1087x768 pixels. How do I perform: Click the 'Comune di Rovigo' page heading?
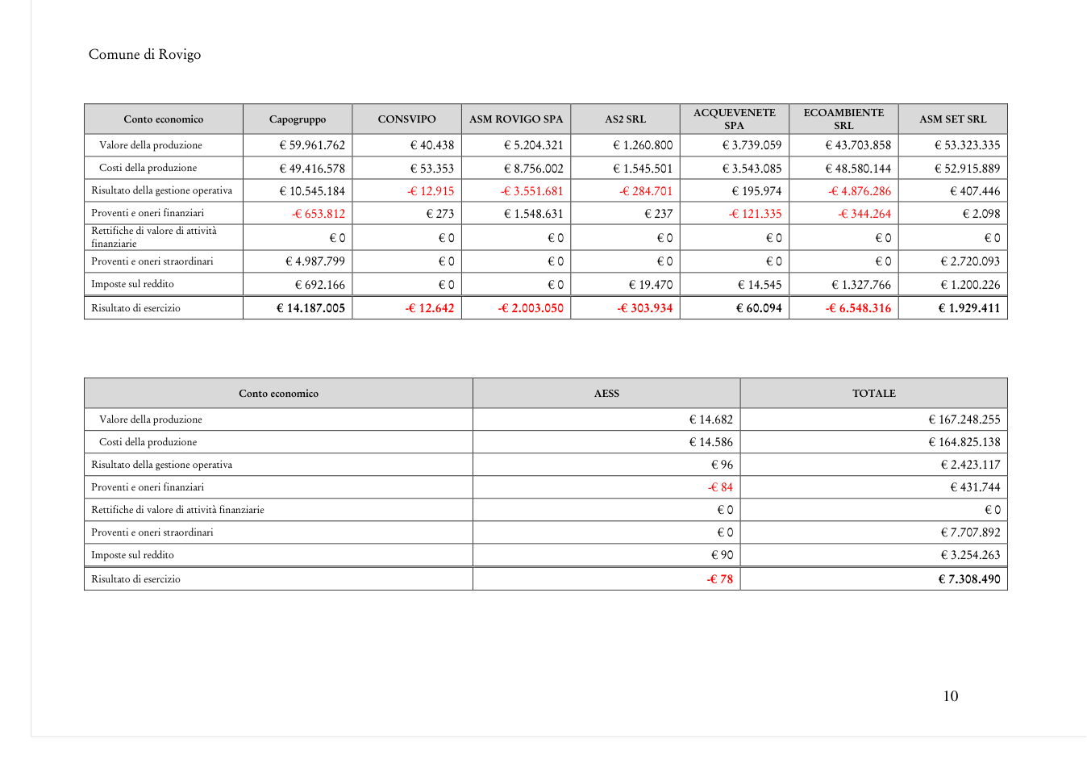[x=144, y=54]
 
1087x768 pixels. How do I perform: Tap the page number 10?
[x=951, y=696]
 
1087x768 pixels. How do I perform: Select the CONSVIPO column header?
[x=406, y=119]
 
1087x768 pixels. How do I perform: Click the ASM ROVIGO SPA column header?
[x=516, y=119]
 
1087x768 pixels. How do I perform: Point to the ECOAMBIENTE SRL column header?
[x=844, y=119]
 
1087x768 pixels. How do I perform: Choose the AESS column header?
[x=606, y=393]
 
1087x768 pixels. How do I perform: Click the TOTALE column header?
[x=874, y=393]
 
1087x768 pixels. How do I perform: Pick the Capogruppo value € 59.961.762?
[x=312, y=145]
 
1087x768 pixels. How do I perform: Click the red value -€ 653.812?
[x=319, y=214]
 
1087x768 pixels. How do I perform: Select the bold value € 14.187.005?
[x=310, y=308]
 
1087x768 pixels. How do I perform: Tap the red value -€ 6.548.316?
[x=859, y=308]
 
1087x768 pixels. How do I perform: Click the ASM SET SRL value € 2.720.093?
[x=970, y=261]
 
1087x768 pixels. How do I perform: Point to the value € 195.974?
[x=756, y=191]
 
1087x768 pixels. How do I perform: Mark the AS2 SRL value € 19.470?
[x=651, y=285]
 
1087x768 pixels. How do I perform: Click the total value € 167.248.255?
[x=964, y=419]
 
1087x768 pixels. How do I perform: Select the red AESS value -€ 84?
[x=720, y=487]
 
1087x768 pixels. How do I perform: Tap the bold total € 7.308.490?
[x=969, y=579]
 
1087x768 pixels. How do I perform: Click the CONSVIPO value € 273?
[x=440, y=214]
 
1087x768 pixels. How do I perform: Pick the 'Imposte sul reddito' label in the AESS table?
[x=132, y=555]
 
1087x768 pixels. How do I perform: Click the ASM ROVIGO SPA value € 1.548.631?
[x=533, y=214]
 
